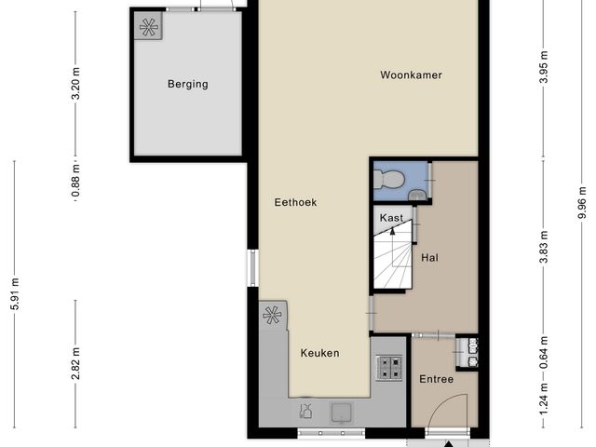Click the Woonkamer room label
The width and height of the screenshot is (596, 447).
(410, 74)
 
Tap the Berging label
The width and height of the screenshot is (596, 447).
(188, 84)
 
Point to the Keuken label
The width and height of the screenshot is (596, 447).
(319, 353)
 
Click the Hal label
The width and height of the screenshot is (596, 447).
(430, 257)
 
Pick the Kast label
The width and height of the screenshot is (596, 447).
(392, 218)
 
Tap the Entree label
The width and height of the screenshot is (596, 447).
(436, 379)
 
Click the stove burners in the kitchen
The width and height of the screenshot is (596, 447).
(389, 368)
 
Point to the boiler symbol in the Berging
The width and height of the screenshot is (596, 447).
(148, 27)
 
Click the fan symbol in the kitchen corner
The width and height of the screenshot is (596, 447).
(272, 316)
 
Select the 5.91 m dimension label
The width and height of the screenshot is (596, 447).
(16, 291)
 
